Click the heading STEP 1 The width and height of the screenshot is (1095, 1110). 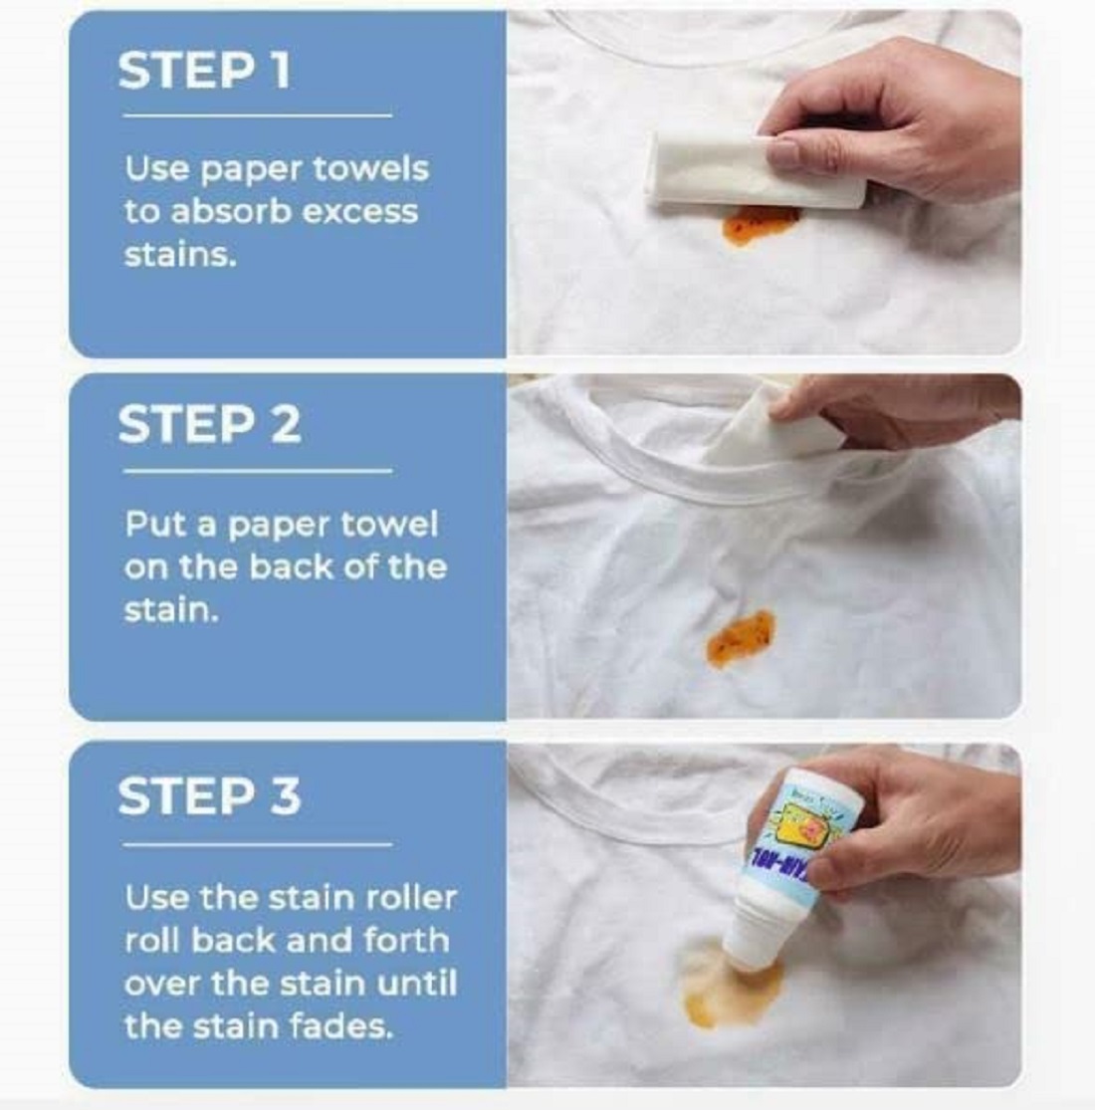204,71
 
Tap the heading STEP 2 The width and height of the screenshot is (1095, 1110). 208,424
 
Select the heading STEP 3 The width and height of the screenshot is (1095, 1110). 208,796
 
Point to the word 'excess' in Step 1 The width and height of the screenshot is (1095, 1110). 367,212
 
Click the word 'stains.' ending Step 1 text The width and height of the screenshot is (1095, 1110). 179,255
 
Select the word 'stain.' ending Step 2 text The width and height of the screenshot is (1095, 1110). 170,609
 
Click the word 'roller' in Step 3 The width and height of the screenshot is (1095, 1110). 410,898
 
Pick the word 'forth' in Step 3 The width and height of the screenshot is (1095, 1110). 401,941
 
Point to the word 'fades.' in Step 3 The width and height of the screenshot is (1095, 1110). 344,1026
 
